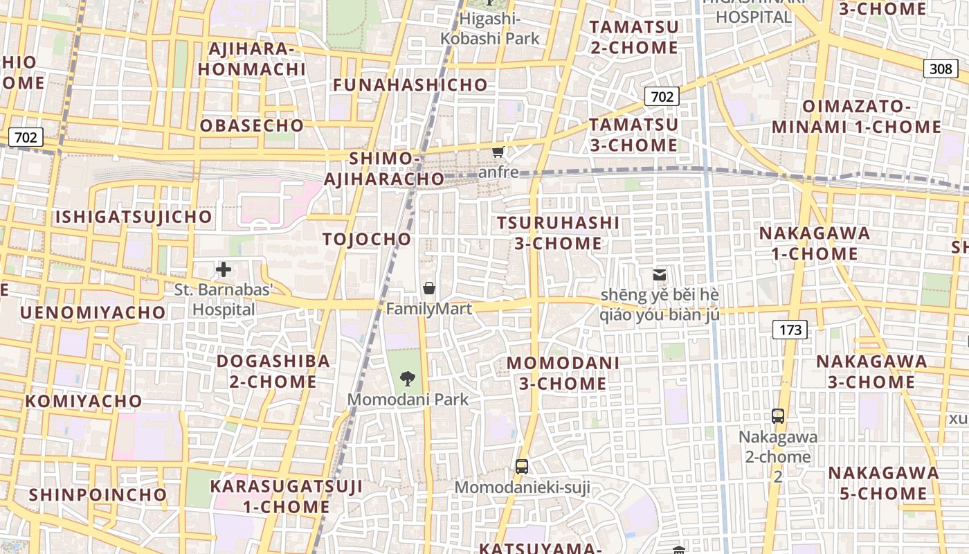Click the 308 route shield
coord(941,68)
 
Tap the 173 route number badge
coord(790,330)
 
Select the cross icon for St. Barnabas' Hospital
coord(224,269)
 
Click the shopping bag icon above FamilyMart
coord(429,288)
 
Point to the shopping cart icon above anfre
coord(498,151)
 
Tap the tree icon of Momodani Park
coord(408,378)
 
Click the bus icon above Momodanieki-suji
coord(522,467)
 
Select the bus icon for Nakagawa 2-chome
coord(778,416)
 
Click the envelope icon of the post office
coord(660,275)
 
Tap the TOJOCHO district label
coord(367,240)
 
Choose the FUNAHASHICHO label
coord(410,85)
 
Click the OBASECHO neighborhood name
coord(252,125)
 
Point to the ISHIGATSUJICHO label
coord(134,217)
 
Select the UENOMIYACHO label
coord(93,312)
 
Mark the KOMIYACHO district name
coord(84,401)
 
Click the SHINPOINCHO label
coord(98,494)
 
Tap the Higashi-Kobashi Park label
coord(490,28)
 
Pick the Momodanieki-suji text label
coord(523,488)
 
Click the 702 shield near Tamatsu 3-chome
coord(662,97)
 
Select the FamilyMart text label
coord(429,309)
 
